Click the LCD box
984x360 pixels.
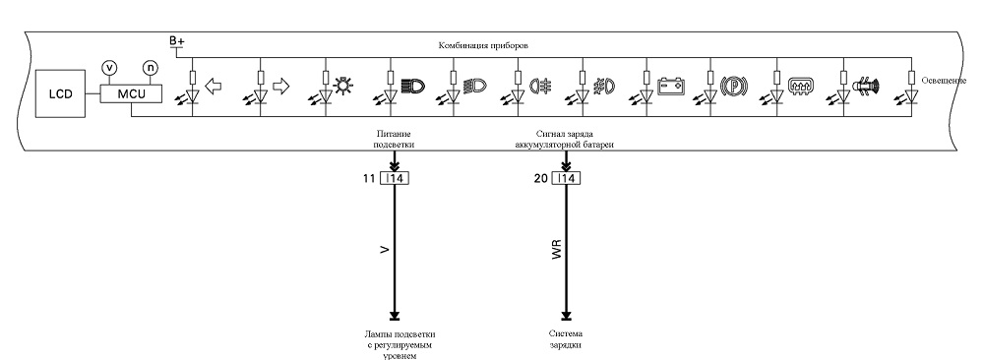61,94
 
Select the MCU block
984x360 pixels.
131,94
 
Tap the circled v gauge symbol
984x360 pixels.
109,67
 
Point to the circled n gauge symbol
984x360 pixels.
150,67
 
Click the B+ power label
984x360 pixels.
177,41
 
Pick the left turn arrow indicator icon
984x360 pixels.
214,86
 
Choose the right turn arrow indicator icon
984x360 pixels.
281,86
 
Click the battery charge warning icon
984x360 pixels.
671,85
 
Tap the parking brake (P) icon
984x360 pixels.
733,86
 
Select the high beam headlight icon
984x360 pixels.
414,86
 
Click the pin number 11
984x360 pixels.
369,179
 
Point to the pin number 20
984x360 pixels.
541,179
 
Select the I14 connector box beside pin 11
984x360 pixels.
395,179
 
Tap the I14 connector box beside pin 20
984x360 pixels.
566,179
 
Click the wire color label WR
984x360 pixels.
556,249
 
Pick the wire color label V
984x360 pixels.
385,249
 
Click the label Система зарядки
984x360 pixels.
566,339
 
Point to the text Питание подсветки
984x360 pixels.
395,140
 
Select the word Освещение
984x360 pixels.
944,81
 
